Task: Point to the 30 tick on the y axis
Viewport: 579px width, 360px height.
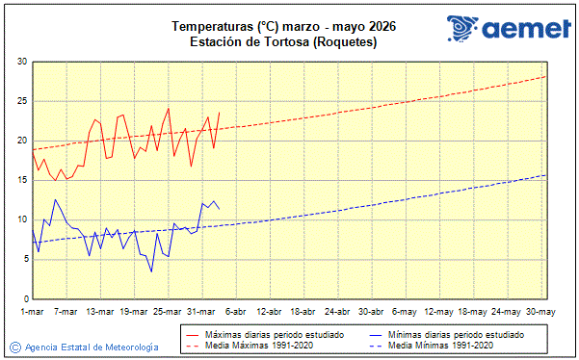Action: [21, 62]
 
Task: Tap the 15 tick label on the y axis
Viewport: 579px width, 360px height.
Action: [21, 180]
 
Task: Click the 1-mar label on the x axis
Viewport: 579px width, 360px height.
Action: [33, 311]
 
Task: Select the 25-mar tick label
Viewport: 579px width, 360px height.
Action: [169, 311]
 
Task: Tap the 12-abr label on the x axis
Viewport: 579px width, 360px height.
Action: [270, 311]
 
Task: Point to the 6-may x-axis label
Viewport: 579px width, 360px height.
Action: [406, 311]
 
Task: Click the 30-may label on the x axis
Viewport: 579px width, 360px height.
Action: [540, 311]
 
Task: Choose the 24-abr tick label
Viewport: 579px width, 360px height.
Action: [337, 311]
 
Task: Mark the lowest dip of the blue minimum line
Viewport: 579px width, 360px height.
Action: [151, 271]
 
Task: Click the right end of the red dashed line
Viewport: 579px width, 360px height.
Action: [545, 76]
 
